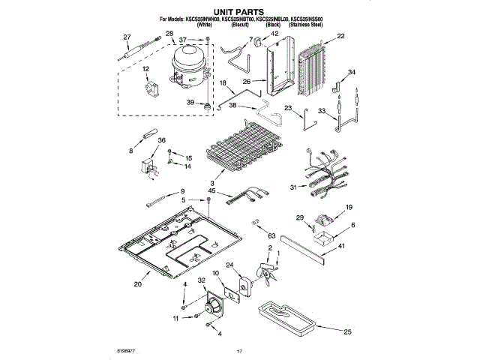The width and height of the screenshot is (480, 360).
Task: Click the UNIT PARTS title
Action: point(241,12)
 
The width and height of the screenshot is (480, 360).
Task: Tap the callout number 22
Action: point(341,36)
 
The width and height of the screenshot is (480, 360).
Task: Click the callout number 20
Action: point(137,284)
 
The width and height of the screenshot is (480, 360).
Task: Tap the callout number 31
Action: point(293,187)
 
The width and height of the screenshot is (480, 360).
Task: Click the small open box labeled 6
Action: point(325,239)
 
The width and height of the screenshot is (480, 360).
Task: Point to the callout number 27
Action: point(127,37)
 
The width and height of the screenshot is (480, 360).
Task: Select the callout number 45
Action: point(212,191)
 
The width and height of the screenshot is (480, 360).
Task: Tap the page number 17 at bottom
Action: point(240,351)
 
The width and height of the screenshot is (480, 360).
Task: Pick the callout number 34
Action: point(352,72)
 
